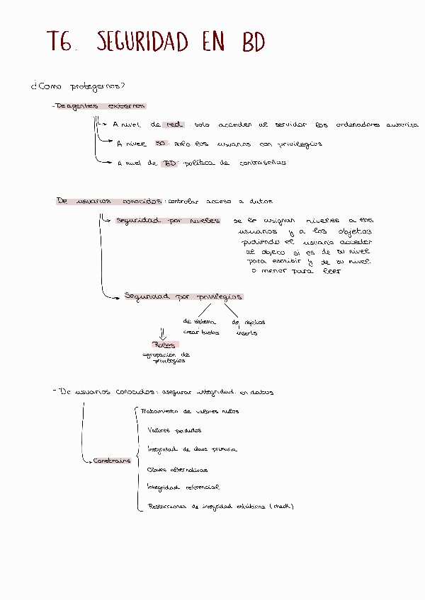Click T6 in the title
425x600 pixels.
pos(61,42)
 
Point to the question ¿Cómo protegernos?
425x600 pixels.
pos(79,87)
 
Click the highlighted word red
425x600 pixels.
pos(174,125)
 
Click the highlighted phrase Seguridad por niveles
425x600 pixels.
pos(167,220)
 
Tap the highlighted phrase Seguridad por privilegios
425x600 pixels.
pos(183,296)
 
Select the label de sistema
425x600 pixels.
pos(199,322)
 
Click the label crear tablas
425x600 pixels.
pos(201,332)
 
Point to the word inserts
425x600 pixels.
pos(246,333)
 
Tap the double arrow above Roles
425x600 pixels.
pos(164,333)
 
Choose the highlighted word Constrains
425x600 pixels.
pos(112,461)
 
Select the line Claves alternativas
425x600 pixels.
pos(177,469)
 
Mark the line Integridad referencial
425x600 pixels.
pos(183,487)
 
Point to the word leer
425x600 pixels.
pos(331,271)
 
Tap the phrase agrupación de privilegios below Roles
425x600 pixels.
pos(166,357)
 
